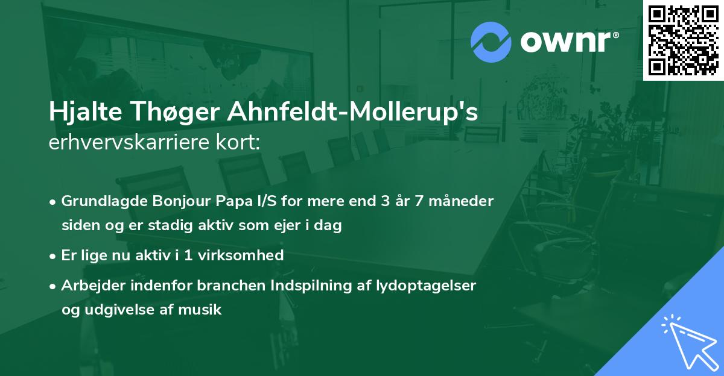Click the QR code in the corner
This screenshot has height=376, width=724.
pyautogui.click(x=684, y=40)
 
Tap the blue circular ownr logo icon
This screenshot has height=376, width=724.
pyautogui.click(x=491, y=42)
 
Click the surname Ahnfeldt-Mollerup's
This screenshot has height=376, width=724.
pyautogui.click(x=347, y=113)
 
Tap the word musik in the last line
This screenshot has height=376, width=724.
pyautogui.click(x=203, y=310)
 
